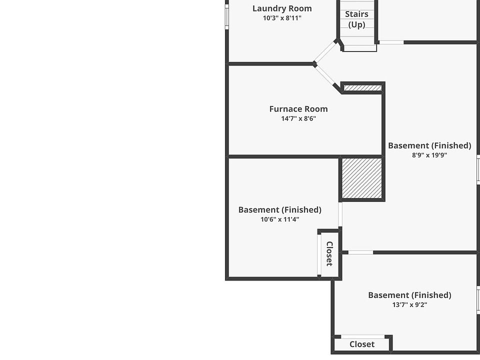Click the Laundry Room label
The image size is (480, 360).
(x=282, y=8)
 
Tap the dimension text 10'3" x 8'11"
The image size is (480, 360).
(x=282, y=18)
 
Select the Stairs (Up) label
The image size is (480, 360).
(x=356, y=19)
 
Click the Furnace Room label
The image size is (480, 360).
(x=298, y=109)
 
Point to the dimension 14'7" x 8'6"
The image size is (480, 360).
(x=298, y=119)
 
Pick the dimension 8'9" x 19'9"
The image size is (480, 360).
(x=429, y=155)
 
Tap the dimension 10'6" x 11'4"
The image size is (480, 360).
(x=279, y=219)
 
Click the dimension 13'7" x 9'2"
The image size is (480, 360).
(x=409, y=305)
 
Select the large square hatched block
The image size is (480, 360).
(x=362, y=178)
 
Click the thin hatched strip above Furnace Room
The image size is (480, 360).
(x=362, y=88)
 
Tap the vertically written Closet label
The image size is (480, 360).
(x=329, y=253)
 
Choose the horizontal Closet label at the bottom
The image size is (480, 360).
(x=362, y=344)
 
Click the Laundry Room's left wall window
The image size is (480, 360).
(x=227, y=17)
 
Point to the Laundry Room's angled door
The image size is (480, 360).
(x=325, y=51)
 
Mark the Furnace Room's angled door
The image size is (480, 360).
(x=325, y=75)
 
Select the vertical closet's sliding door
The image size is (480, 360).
(x=319, y=254)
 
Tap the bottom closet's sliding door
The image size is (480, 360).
(x=362, y=337)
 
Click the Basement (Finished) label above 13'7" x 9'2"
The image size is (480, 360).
(x=409, y=295)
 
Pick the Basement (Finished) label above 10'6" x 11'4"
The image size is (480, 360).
(x=279, y=209)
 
